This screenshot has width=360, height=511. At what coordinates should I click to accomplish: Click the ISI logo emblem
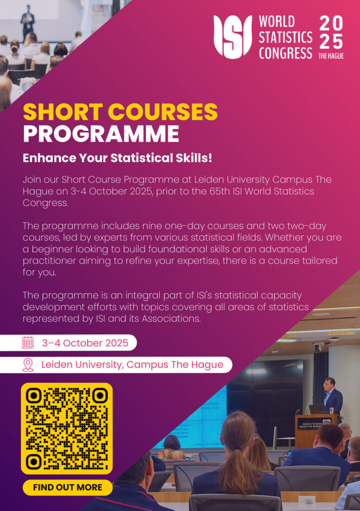(233, 37)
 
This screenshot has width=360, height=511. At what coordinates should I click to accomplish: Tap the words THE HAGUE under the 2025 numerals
(331, 56)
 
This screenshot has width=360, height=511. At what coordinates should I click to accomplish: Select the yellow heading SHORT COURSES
(120, 112)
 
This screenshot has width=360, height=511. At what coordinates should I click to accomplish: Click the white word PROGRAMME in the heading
(101, 134)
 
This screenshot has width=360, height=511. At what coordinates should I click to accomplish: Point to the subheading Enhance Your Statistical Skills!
(117, 158)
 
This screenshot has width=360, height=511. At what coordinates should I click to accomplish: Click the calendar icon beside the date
(28, 343)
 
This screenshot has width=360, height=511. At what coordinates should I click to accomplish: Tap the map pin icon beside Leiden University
(28, 365)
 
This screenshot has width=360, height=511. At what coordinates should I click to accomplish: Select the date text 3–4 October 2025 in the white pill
(85, 343)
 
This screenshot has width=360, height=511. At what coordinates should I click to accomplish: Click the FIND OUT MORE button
(67, 487)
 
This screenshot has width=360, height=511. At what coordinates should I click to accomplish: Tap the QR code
(67, 429)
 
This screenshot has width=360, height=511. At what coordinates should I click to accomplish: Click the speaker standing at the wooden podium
(333, 396)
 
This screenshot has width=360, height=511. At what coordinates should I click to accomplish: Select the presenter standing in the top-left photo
(28, 22)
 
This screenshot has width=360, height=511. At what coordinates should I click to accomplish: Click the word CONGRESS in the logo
(286, 52)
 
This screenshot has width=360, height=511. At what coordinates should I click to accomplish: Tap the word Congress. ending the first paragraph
(45, 203)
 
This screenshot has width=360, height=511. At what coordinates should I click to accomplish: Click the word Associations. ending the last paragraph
(171, 318)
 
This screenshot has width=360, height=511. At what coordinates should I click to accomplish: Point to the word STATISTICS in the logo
(286, 37)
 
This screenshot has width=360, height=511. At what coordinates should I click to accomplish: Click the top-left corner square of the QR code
(33, 396)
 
